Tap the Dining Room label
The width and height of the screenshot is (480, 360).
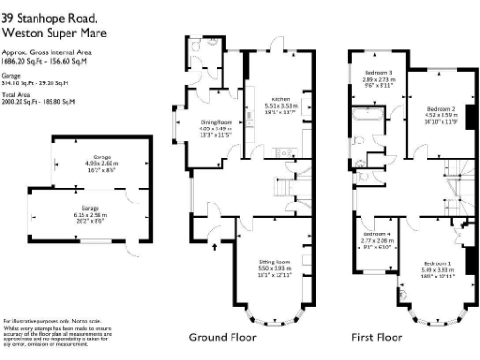tap(216, 122)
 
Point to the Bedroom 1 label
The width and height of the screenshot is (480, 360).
tap(436, 262)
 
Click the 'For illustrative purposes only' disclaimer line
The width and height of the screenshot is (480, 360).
tap(42, 322)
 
